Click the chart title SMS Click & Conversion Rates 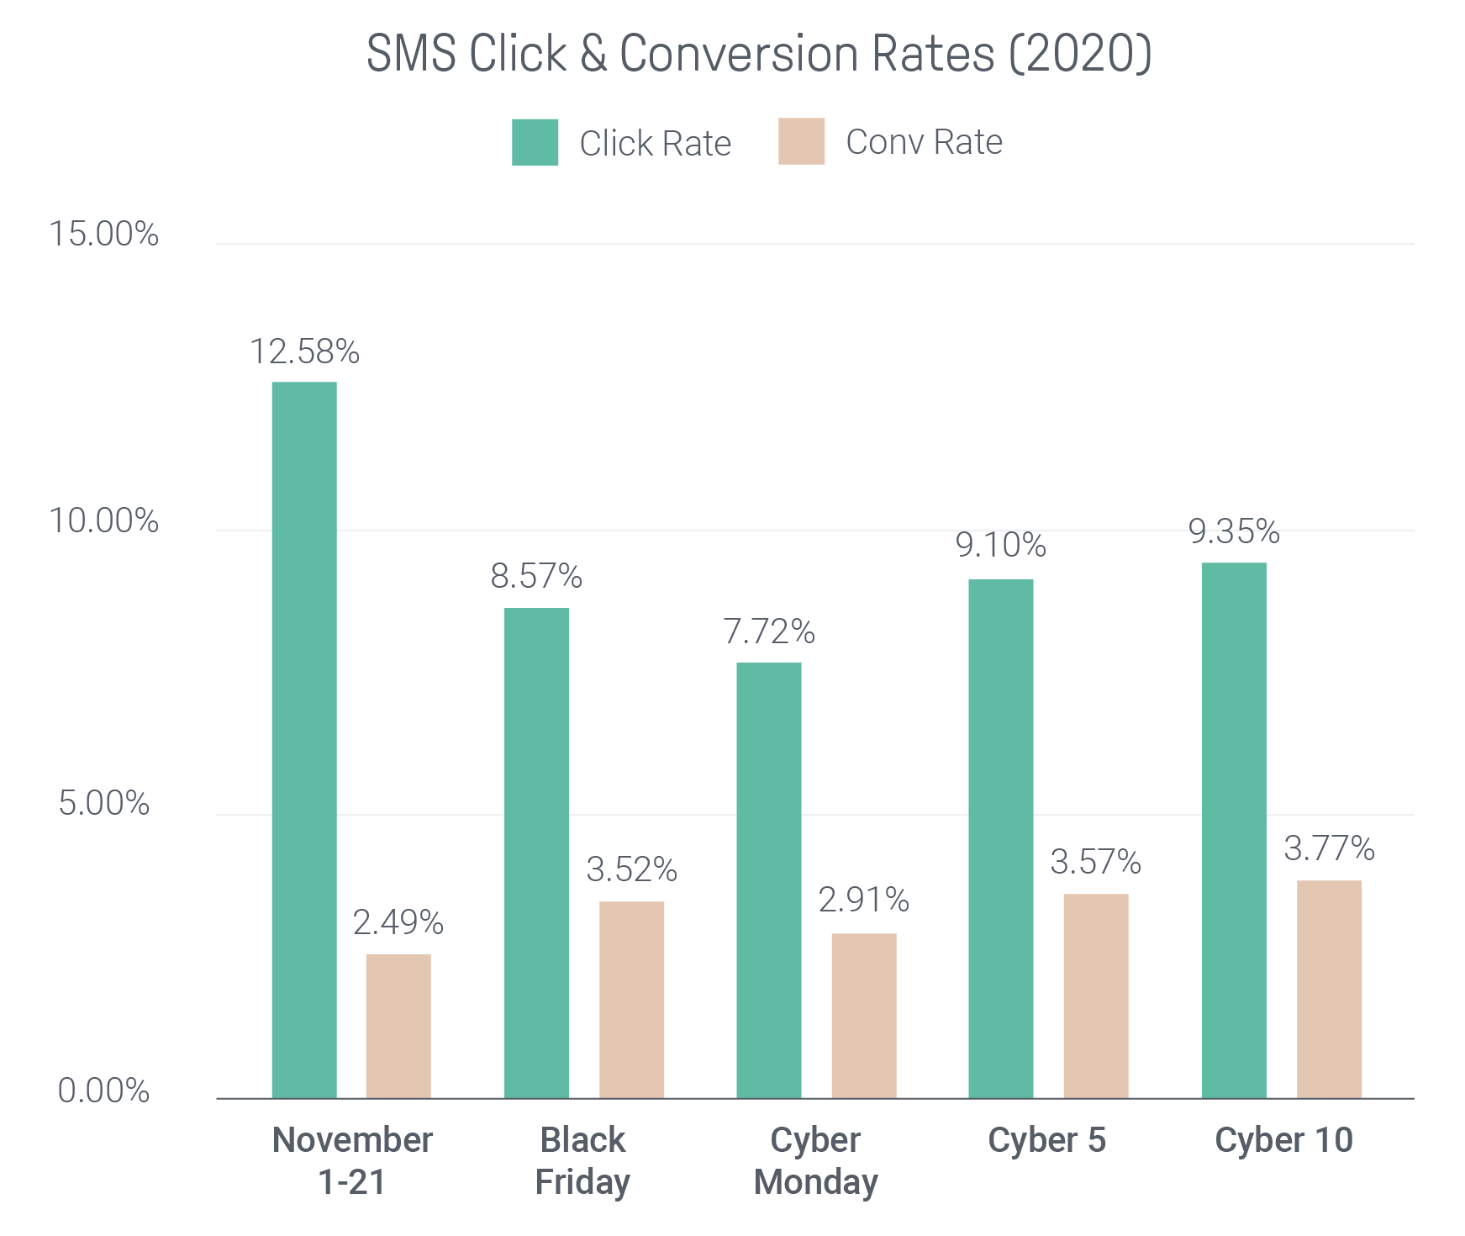758,54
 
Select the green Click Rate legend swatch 535,142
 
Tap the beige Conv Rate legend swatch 801,141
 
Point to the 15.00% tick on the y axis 103,234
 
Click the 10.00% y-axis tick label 103,521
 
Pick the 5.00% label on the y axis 103,804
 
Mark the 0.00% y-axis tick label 103,1091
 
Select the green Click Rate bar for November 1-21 304,740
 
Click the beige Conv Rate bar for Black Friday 631,1000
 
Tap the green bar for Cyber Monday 768,880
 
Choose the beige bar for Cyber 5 1095,996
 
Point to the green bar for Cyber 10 1233,830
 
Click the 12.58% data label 304,351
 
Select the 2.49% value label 398,922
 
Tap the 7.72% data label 769,631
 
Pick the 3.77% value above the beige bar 1329,848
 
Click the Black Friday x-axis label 582,1161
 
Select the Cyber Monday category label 815,1161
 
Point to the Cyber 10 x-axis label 1283,1141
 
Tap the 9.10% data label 1000,546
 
